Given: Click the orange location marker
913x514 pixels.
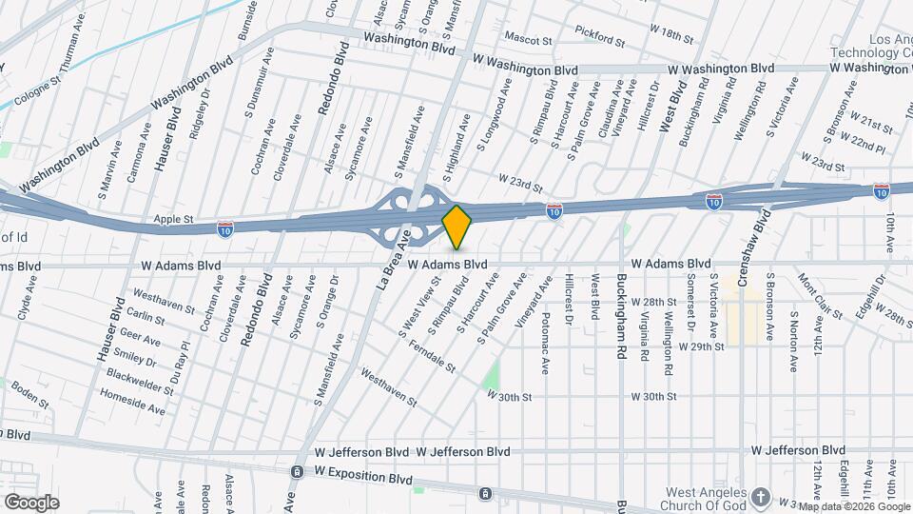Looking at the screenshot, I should click(x=457, y=227).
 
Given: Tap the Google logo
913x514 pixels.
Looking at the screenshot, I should click(x=31, y=502).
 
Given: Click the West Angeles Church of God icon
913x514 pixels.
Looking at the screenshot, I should click(x=760, y=497).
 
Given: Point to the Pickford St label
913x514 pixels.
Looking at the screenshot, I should click(x=600, y=42).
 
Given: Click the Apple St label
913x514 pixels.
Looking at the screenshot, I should click(x=174, y=219).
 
